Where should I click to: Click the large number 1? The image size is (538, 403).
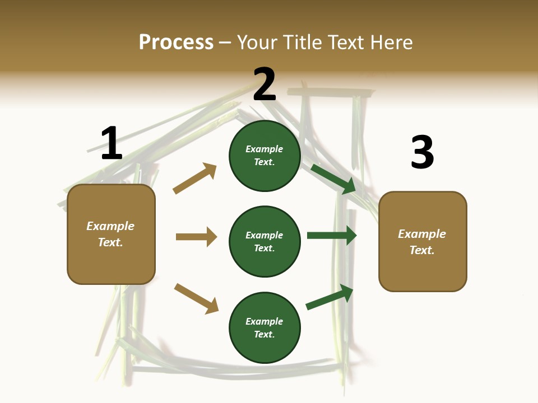[x=112, y=143]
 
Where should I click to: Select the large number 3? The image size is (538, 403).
[x=422, y=152]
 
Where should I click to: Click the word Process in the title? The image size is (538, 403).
[x=176, y=42]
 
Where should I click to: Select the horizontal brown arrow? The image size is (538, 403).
[x=196, y=237]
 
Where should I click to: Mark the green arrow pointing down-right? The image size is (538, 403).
[x=334, y=179]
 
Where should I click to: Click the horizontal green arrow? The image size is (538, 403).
[x=332, y=235]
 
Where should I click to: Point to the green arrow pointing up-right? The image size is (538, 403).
[x=330, y=297]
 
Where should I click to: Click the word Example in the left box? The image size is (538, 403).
[x=110, y=226]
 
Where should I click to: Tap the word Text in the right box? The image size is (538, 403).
[x=421, y=250]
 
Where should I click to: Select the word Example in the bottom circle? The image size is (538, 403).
[x=265, y=321]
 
